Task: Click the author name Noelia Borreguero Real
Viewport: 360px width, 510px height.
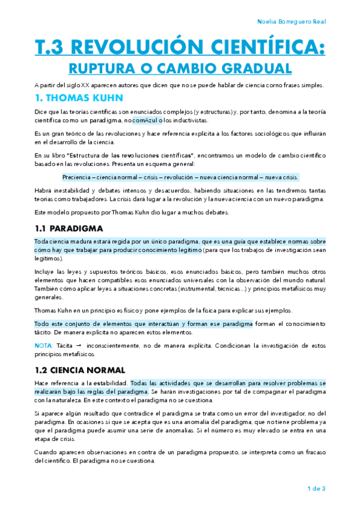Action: [291, 22]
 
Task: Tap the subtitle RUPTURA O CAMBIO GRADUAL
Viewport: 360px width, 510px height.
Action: [180, 67]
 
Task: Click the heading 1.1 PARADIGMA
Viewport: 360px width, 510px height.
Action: [69, 229]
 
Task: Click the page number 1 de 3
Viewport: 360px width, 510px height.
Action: [316, 488]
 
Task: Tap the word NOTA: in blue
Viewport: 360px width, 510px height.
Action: [44, 346]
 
